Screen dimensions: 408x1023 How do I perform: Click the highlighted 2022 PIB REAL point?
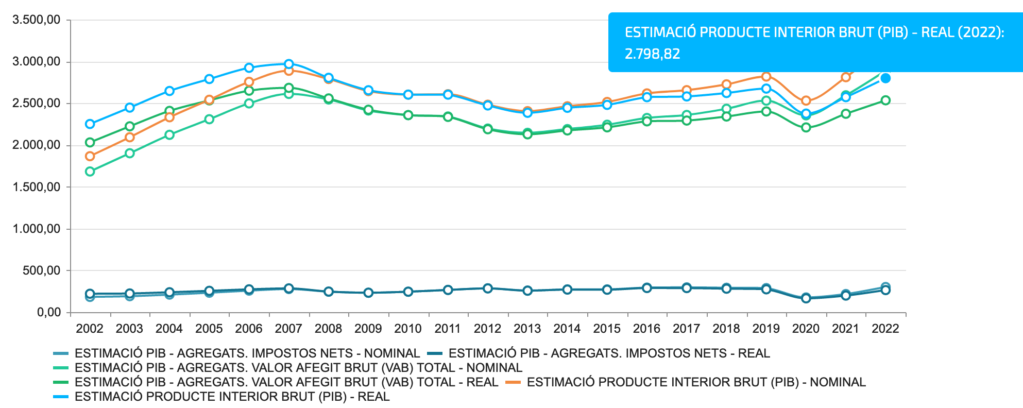[885, 78]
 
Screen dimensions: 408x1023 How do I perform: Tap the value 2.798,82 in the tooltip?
[652, 54]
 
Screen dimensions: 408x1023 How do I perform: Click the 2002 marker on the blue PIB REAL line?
[90, 124]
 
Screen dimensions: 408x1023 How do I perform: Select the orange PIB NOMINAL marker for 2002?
[90, 156]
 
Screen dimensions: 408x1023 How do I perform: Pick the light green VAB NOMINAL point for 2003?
[130, 153]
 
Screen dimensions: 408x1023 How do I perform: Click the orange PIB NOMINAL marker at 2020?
[806, 101]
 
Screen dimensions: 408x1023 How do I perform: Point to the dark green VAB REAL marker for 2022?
[885, 100]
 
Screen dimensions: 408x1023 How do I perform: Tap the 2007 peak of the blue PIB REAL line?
[289, 64]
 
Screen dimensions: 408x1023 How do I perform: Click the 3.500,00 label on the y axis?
[37, 20]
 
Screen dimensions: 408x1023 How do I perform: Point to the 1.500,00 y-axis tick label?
[37, 187]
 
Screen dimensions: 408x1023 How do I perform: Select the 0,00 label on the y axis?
[49, 312]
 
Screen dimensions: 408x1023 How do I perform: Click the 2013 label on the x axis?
[527, 329]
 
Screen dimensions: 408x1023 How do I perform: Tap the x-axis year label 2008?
[328, 329]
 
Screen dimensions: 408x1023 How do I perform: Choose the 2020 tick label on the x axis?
[806, 329]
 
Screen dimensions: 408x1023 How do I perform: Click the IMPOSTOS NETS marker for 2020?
[806, 298]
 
